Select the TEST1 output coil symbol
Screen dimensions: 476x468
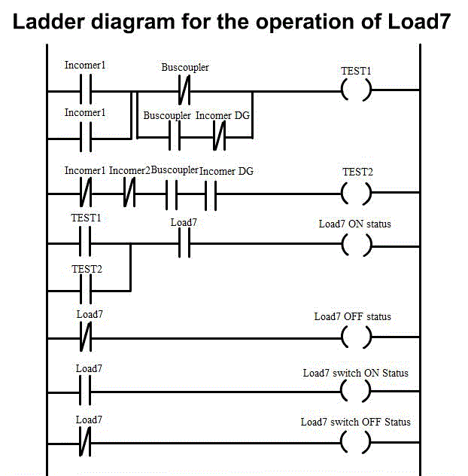[356, 91]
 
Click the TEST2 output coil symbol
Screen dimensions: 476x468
[356, 194]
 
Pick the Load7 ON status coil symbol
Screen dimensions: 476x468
[356, 244]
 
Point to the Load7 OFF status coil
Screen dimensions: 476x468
[356, 337]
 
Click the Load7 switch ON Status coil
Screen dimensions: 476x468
[356, 392]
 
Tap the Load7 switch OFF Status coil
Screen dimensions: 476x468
[356, 442]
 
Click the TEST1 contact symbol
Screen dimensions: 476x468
[85, 244]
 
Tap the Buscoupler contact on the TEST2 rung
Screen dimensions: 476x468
[172, 194]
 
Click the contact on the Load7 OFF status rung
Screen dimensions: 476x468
[85, 337]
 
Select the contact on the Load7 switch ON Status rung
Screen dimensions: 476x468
[85, 392]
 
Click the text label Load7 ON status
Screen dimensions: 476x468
[355, 224]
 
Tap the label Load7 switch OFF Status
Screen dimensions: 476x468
[356, 422]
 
